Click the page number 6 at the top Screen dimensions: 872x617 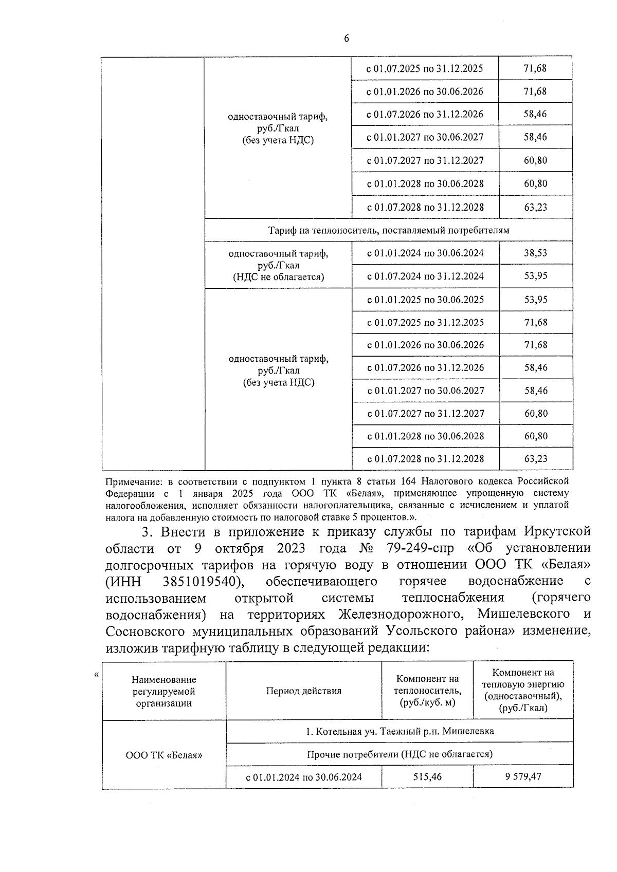346,39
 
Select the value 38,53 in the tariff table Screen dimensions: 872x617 535,253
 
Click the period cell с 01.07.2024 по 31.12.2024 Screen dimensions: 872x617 425,276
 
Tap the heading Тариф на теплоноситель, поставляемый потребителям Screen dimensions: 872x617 389,230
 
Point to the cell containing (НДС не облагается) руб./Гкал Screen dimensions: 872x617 278,265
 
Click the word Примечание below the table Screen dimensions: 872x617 131,481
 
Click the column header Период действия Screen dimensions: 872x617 303,691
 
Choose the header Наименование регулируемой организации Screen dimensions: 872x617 164,691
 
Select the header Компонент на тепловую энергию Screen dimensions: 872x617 523,690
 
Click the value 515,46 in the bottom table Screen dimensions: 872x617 427,776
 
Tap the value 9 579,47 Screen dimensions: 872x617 523,776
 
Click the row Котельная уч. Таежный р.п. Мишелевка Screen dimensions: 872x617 400,731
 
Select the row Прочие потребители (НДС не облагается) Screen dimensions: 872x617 400,754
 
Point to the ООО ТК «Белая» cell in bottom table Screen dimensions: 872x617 164,755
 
